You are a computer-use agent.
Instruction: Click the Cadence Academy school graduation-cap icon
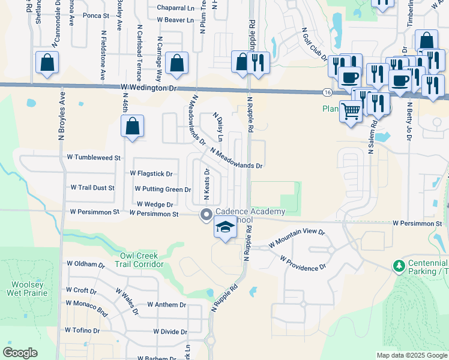point(225,227)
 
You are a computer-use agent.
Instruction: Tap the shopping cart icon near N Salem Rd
point(351,110)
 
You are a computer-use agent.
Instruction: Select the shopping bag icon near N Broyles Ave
point(47,62)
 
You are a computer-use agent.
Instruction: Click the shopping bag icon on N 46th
point(132,126)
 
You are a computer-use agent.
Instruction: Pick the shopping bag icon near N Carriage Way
point(177,62)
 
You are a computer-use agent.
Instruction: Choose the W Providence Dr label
point(303,262)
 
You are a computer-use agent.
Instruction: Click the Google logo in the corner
point(20,353)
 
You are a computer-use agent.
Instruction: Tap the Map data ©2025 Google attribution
point(412,355)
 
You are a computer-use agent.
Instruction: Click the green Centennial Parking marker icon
point(397,265)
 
